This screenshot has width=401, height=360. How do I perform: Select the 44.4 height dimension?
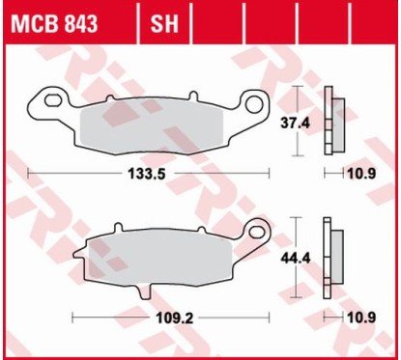(314, 259)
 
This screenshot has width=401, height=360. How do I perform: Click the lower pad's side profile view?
(334, 260)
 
